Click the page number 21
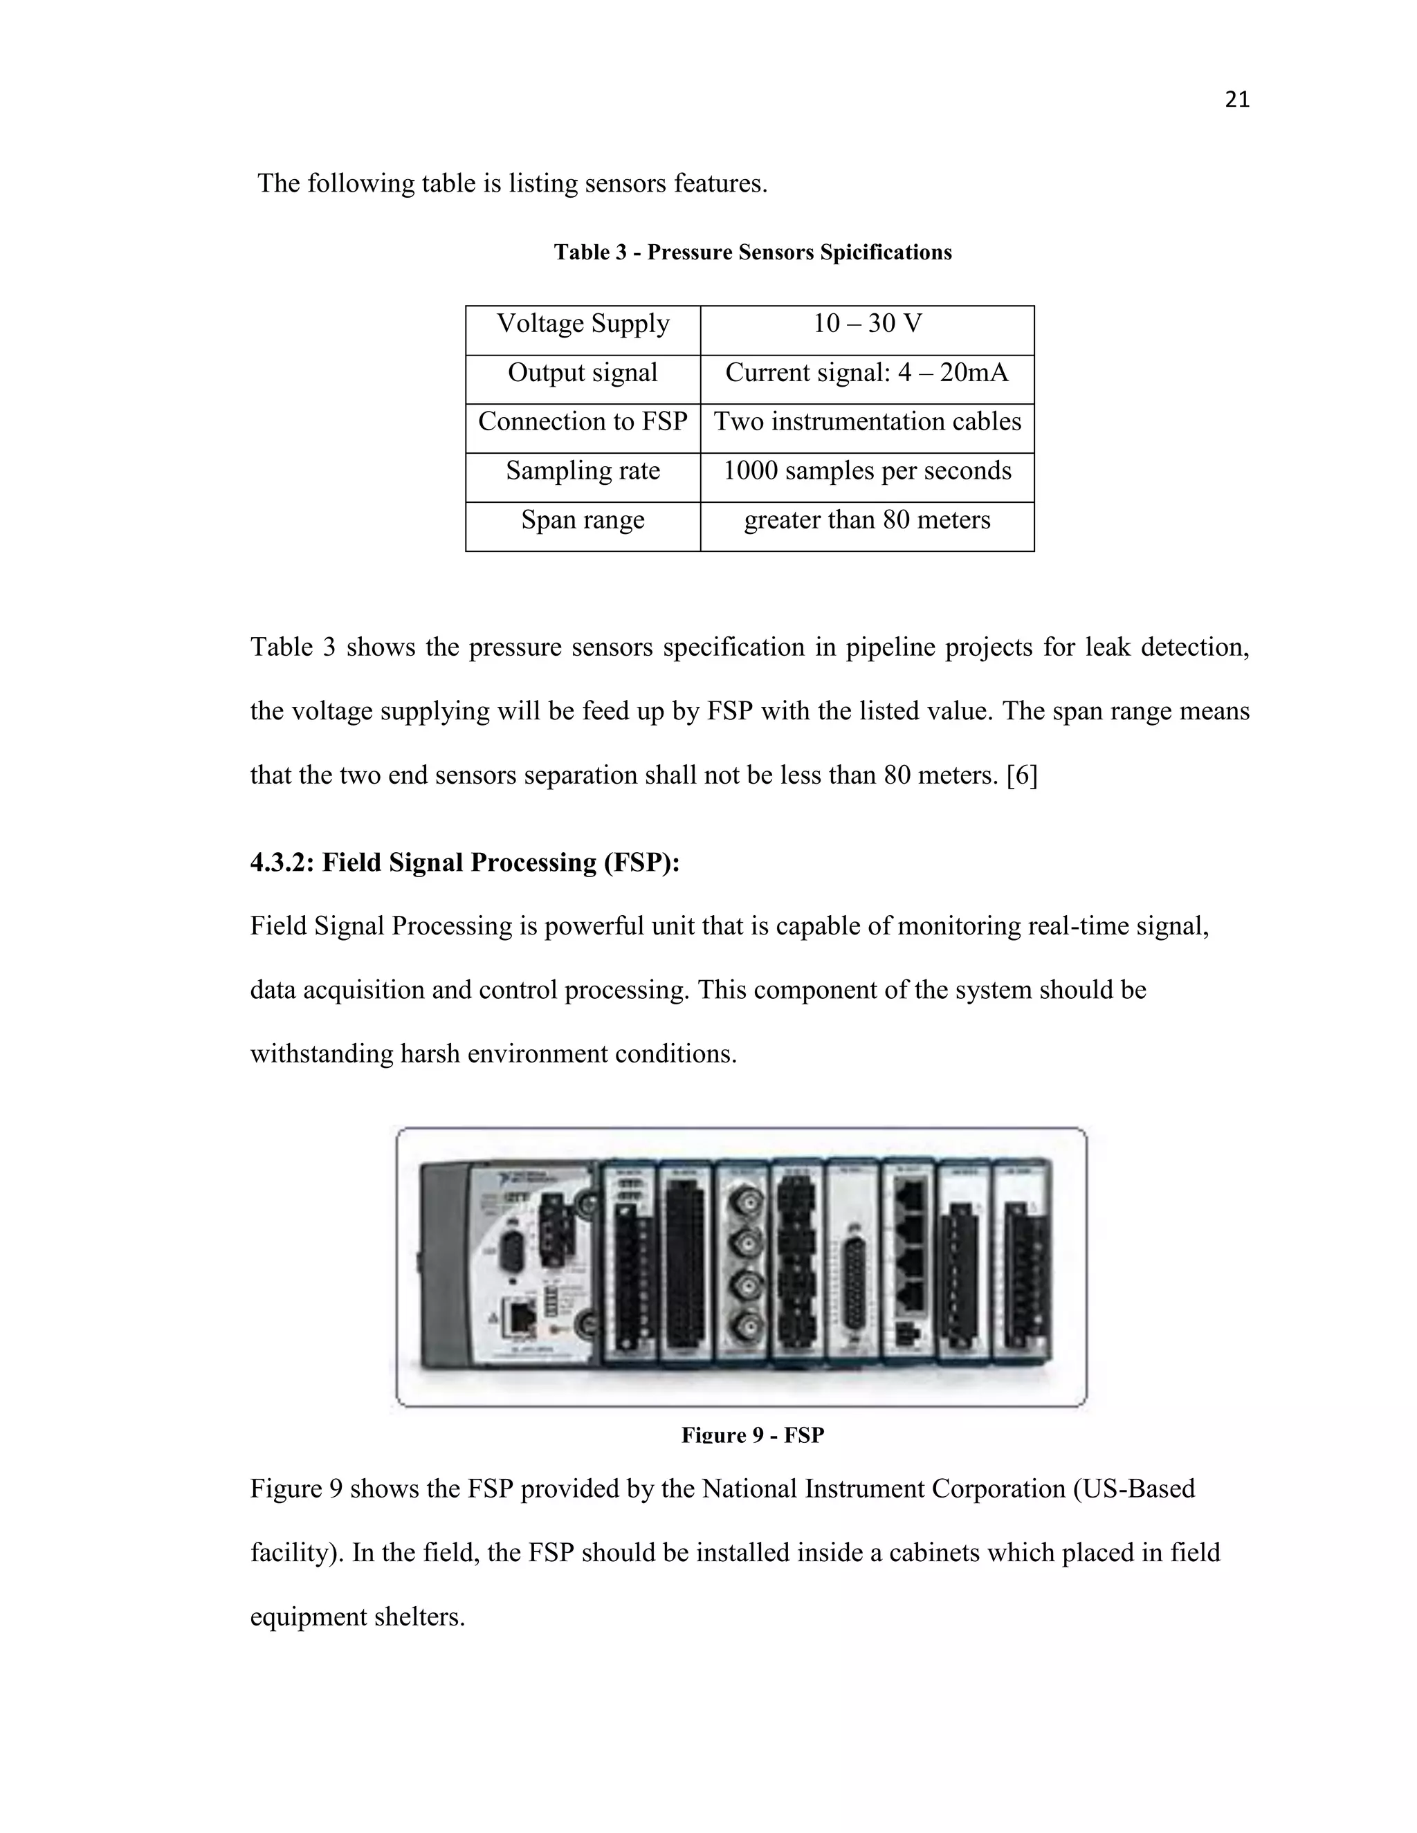click(x=1236, y=100)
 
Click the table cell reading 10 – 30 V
click(x=866, y=324)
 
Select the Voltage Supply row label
click(x=583, y=324)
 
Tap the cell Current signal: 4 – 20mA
click(x=866, y=373)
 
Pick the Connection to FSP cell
click(x=583, y=421)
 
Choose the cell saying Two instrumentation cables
click(x=866, y=421)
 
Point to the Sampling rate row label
click(x=583, y=471)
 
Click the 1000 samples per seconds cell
click(x=866, y=471)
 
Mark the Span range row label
click(x=583, y=520)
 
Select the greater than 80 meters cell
click(x=866, y=520)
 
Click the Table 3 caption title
click(x=752, y=252)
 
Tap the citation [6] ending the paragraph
click(x=1022, y=775)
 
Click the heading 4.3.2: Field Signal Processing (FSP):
click(x=464, y=863)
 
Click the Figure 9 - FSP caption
click(x=752, y=1435)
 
